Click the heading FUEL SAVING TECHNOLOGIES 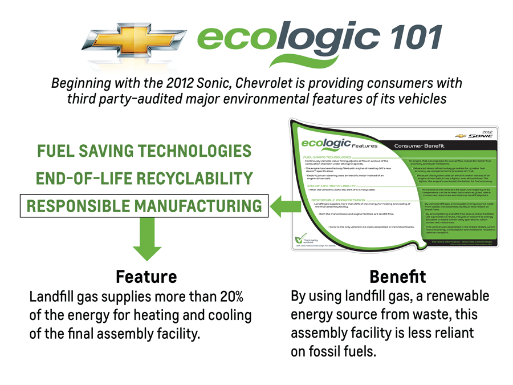[x=144, y=151]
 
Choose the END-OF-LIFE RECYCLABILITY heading [x=144, y=179]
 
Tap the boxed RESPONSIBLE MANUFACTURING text [x=144, y=206]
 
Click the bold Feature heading [x=146, y=277]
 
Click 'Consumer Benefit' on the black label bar [x=419, y=146]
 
